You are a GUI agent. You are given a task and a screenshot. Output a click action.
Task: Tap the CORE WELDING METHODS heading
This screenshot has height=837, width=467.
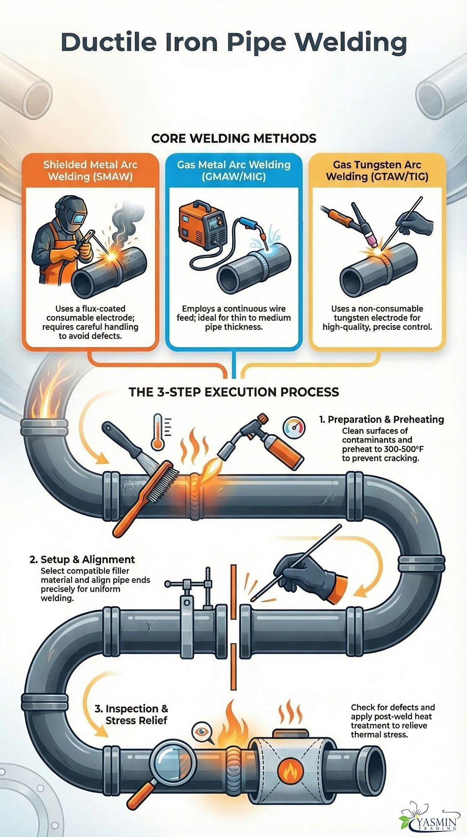click(233, 139)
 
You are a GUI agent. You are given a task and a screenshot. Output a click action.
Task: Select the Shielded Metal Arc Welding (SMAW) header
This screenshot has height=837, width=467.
click(90, 171)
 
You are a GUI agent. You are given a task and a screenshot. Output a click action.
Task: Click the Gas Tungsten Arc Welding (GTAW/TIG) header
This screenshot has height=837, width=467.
click(377, 171)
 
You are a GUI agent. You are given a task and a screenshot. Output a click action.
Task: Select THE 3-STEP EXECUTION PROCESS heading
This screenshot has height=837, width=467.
click(233, 392)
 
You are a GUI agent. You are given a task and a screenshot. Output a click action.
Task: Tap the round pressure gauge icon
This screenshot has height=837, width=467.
click(294, 428)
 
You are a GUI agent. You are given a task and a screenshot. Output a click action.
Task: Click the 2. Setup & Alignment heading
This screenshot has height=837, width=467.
click(82, 560)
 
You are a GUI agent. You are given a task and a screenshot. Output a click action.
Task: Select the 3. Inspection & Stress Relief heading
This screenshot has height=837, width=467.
click(131, 714)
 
